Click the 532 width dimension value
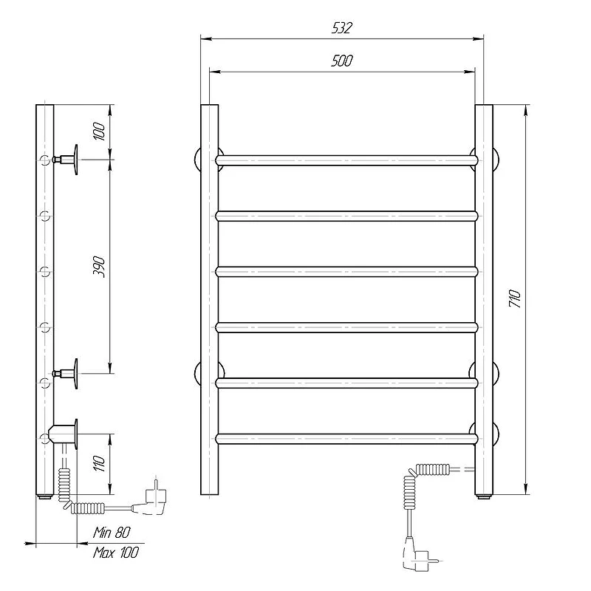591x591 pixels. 342,28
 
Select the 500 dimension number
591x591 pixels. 342,61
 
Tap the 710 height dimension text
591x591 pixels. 514,298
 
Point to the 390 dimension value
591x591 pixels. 99,267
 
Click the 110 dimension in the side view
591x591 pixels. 99,463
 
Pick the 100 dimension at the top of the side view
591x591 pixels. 99,131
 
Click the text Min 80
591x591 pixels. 112,533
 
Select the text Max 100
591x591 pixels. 116,553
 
